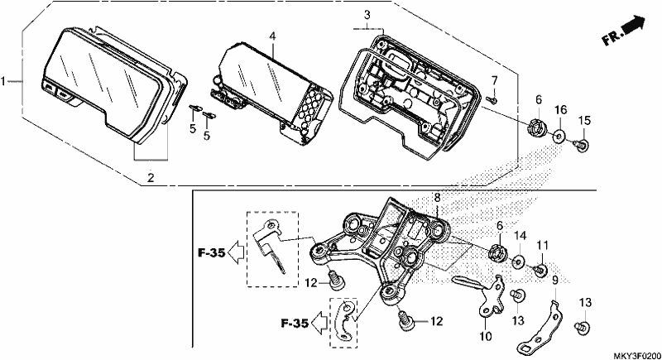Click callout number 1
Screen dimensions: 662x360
pos(3,81)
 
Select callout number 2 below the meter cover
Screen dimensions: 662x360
pos(151,178)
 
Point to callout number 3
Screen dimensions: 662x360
pos(367,15)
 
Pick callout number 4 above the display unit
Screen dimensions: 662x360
pos(273,36)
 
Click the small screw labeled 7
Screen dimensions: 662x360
pos(492,99)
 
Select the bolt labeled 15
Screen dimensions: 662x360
pos(582,145)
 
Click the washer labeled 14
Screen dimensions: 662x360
pos(519,262)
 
